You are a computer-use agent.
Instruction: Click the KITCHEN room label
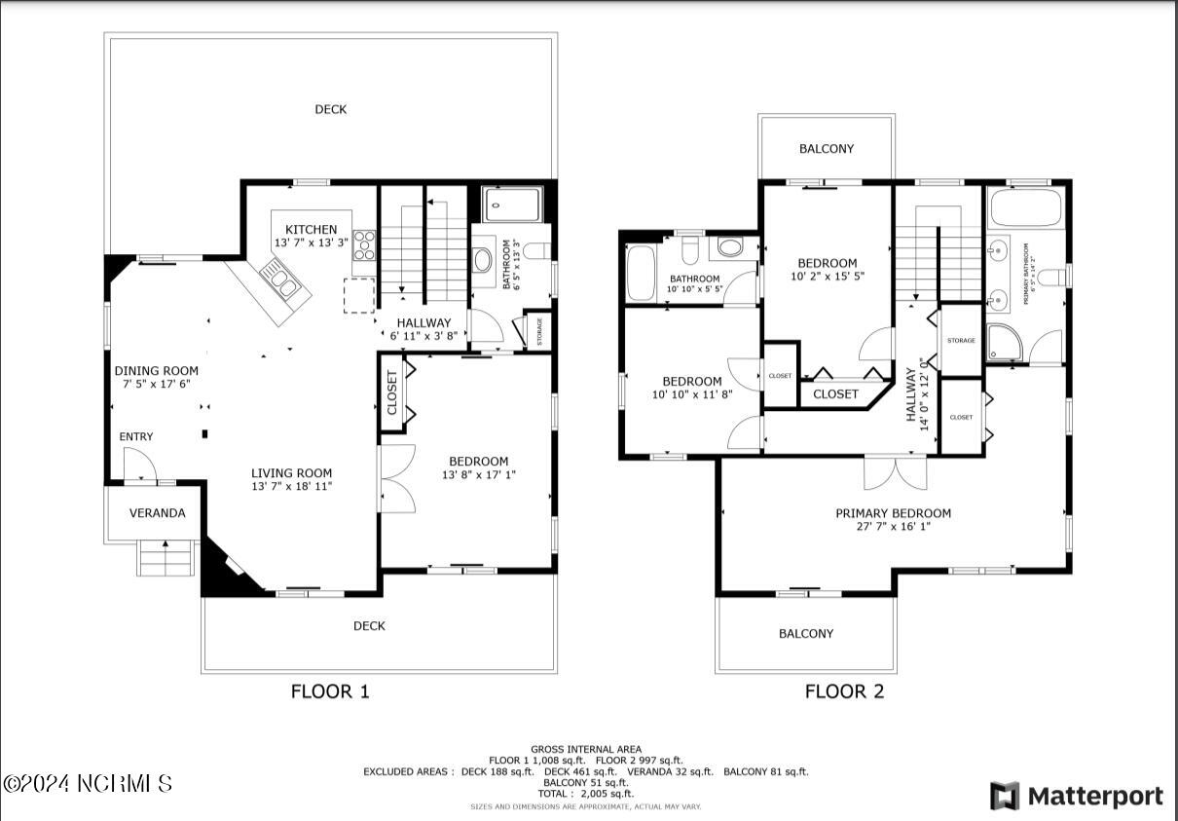pos(312,230)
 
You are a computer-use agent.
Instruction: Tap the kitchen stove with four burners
pos(364,244)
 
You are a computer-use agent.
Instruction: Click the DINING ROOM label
pos(156,371)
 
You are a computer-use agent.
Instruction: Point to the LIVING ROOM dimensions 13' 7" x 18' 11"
pos(292,486)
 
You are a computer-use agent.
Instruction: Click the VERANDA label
pos(157,513)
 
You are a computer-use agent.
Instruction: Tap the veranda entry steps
pos(165,560)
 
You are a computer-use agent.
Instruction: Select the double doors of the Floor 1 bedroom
pos(397,478)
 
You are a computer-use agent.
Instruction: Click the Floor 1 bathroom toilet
pos(484,260)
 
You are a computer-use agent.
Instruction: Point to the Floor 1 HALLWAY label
pos(423,322)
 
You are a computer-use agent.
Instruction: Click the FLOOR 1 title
pos(330,692)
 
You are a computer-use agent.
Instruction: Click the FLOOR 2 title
pos(844,692)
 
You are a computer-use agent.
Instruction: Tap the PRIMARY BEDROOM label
pos(893,513)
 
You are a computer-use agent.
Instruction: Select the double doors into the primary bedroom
pos(895,472)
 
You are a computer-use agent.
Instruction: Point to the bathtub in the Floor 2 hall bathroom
pos(642,274)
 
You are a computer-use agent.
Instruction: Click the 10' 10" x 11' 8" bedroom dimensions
pos(691,394)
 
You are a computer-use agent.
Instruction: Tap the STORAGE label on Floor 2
pos(961,341)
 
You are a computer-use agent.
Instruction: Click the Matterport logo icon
pos(1005,796)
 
